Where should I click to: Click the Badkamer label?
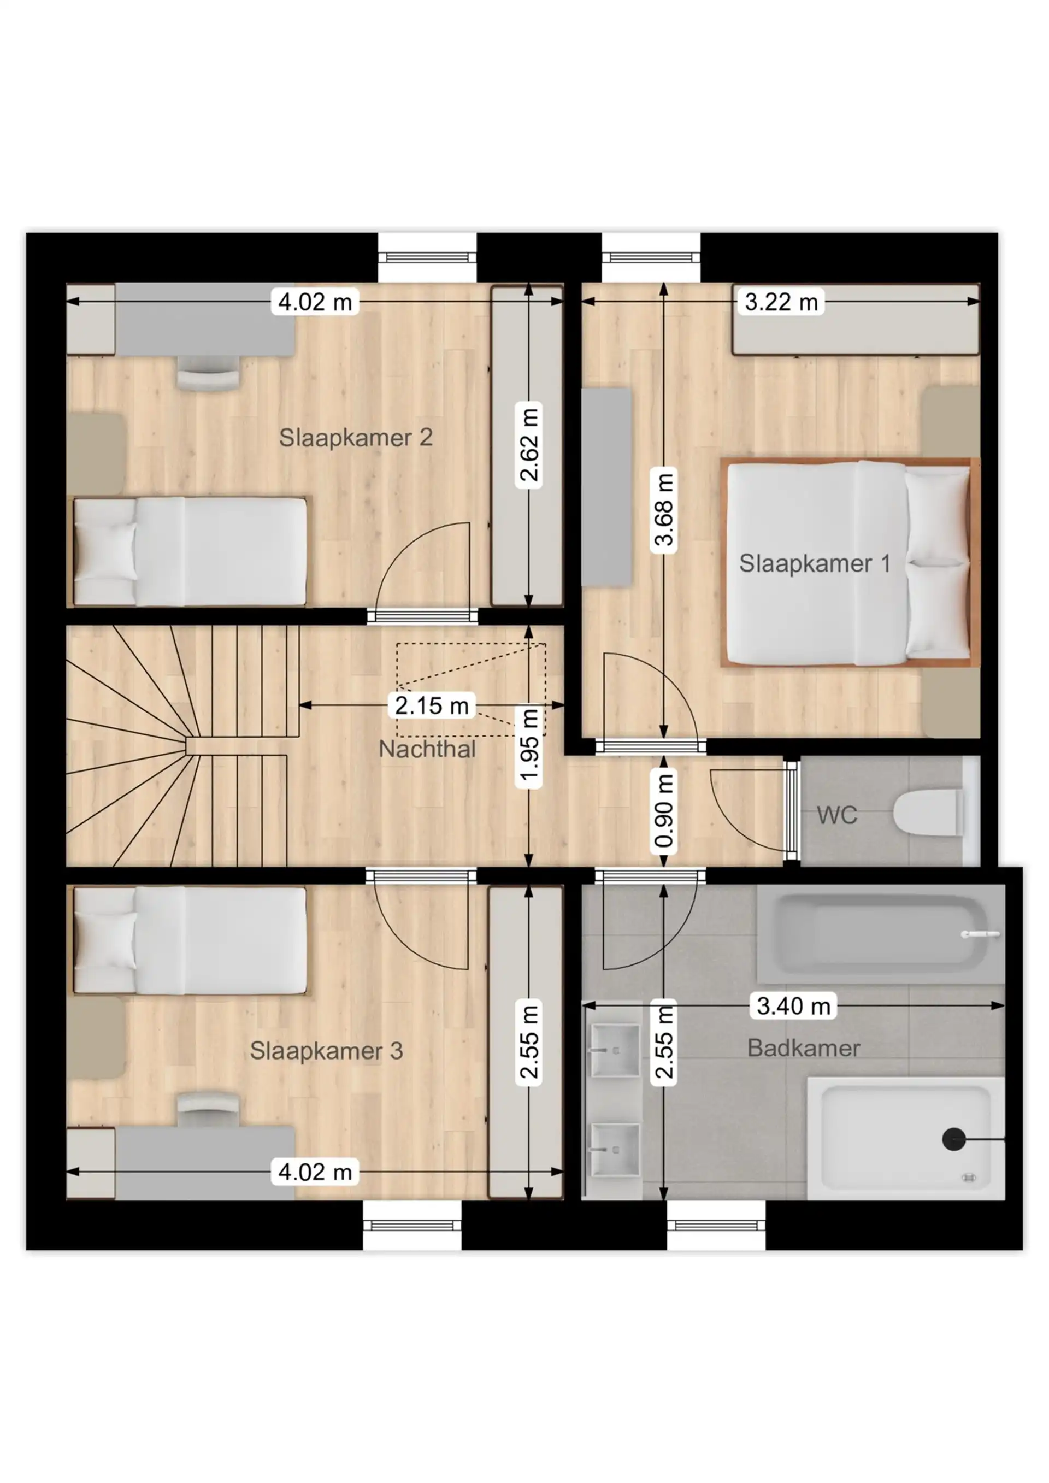(803, 1047)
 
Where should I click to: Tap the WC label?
(836, 815)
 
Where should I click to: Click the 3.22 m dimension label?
(781, 302)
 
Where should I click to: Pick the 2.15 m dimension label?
(432, 705)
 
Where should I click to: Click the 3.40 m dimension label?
(793, 1005)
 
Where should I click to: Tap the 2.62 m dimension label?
(529, 445)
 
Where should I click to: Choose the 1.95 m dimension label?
(529, 745)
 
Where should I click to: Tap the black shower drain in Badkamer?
(953, 1139)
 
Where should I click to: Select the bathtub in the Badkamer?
(880, 934)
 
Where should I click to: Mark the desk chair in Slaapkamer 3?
(208, 1105)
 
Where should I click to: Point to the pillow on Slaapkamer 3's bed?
(105, 940)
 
